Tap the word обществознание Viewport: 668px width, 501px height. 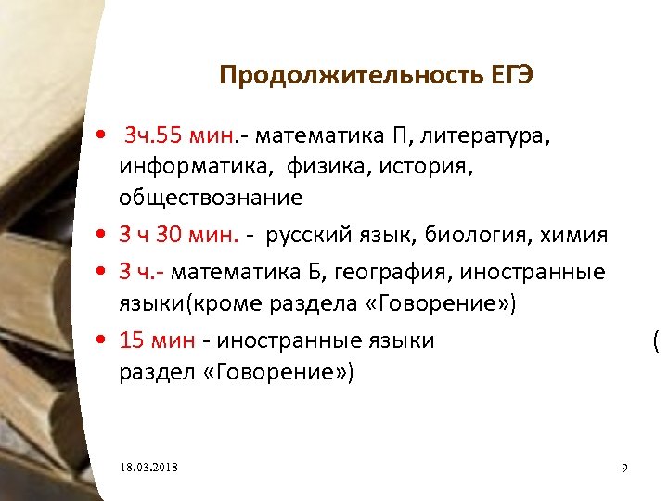click(x=211, y=198)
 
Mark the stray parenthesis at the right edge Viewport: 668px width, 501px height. click(x=656, y=341)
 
